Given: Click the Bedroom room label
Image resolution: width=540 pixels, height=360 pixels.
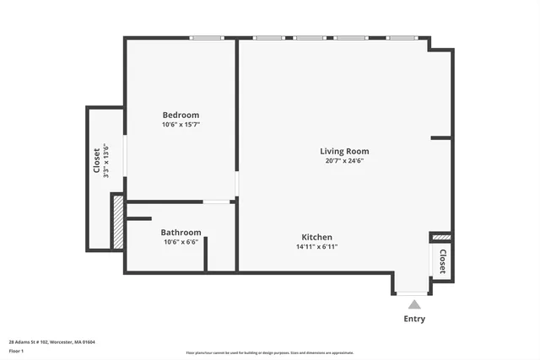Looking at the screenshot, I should pos(181,115).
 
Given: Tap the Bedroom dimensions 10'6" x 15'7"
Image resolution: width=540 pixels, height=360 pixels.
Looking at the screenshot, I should pos(181,125).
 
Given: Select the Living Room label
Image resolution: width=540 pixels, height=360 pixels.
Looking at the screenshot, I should pos(343,152).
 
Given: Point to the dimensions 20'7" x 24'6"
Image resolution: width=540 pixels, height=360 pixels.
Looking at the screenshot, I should pos(343,161).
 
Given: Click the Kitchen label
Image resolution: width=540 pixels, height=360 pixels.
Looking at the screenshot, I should pos(316,238).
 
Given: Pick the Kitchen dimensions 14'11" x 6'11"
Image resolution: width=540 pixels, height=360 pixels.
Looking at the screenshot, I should pos(316,247).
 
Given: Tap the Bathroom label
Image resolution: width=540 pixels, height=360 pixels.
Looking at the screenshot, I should pos(181,233).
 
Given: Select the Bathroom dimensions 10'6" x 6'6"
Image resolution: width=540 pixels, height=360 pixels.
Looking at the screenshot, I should pos(181,243).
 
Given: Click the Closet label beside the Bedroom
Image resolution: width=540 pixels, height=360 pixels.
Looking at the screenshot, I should pos(96,160).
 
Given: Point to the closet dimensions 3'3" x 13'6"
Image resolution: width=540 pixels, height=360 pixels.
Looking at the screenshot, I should pos(106,160).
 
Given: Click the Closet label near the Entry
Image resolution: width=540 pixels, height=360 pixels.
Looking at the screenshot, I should pos(441,261).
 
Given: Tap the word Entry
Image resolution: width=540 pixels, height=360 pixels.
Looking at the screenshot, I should pos(414,319).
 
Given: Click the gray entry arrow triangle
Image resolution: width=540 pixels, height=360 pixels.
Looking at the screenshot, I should pos(413,304).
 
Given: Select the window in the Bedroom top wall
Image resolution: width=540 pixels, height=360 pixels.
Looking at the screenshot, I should pos(207,38).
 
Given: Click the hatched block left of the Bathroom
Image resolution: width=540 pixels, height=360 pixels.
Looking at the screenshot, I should pos(118,222).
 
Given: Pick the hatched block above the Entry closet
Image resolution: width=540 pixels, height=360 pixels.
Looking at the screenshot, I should pos(441,238).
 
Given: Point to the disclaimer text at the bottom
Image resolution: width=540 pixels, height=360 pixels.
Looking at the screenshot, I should pos(269,353).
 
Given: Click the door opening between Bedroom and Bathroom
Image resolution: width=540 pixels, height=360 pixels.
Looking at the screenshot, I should pos(217,201).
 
